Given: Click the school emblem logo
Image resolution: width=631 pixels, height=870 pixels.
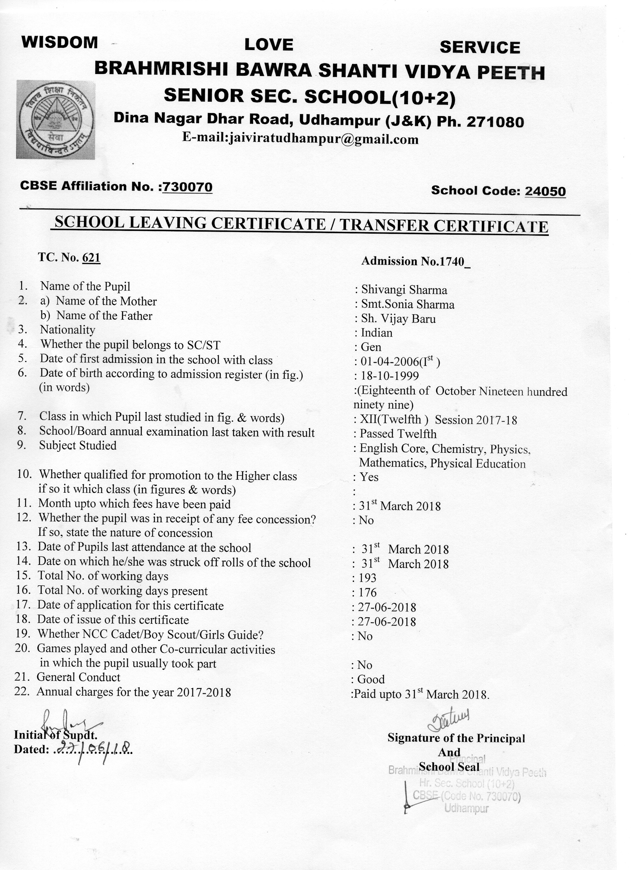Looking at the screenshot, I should coord(56,119).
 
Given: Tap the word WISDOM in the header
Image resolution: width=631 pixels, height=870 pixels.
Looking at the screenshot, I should coord(60,42).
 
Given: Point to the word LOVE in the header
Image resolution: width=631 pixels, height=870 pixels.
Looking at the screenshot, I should coord(269,45).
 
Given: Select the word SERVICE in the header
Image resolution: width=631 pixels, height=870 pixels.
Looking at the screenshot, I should coord(480,48).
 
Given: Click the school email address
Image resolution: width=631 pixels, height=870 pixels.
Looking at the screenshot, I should coord(300,138).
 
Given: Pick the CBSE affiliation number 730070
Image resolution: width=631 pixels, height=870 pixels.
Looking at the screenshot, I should coord(187,187).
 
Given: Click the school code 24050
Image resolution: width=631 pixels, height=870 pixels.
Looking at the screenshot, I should coord(545,191).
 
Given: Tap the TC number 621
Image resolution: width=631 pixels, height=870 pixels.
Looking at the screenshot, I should coord(91,258).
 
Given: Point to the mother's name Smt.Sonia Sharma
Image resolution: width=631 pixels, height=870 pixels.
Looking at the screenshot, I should coord(407,305).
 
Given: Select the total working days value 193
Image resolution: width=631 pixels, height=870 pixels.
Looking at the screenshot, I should coord(367,578).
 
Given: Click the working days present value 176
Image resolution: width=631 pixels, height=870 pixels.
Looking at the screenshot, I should coord(367,593).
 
